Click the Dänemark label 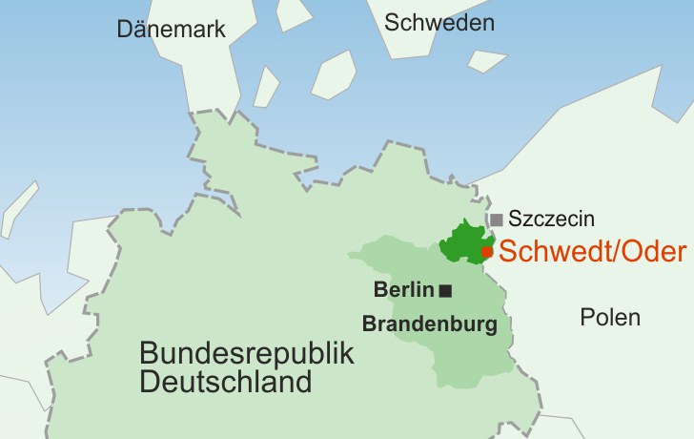pos(172,29)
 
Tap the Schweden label pos(439,23)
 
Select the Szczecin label pos(552,219)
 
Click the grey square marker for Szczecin pos(497,219)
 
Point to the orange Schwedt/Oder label pos(592,252)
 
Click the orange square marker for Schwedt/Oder pos(487,252)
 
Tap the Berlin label pos(404,290)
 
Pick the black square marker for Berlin pos(445,290)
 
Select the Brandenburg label pos(430,324)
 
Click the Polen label pos(610,318)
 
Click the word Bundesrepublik pos(246,354)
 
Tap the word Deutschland pos(226,383)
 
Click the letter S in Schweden pos(392,23)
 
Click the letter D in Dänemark pos(124,29)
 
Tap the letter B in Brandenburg pos(369,324)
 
